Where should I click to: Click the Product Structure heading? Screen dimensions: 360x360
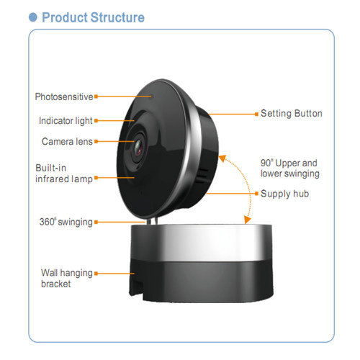click(93, 17)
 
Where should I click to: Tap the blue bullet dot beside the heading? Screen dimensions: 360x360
click(33, 17)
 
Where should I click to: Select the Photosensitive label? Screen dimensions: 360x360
click(64, 96)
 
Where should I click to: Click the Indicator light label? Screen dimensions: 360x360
click(66, 121)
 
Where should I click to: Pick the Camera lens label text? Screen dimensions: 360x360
click(67, 141)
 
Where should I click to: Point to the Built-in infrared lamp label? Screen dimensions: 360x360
click(64, 174)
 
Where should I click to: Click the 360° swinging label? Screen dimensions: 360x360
click(66, 222)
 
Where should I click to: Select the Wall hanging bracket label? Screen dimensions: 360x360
click(67, 279)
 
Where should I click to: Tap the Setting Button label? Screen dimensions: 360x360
click(292, 113)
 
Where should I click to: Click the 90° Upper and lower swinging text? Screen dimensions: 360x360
click(290, 168)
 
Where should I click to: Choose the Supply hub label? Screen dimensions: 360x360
click(284, 194)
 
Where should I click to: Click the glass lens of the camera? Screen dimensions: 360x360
click(138, 148)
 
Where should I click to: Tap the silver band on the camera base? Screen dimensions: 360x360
click(201, 243)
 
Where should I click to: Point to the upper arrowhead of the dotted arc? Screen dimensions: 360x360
click(222, 158)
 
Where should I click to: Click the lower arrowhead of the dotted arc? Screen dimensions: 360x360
click(247, 220)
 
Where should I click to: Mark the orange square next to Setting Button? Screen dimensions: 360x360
click(256, 114)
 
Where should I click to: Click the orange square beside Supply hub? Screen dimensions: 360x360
click(256, 194)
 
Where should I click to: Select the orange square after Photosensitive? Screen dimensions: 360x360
click(96, 96)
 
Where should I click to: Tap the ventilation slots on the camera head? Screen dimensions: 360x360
click(202, 175)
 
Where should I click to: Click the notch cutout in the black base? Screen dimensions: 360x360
click(136, 287)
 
